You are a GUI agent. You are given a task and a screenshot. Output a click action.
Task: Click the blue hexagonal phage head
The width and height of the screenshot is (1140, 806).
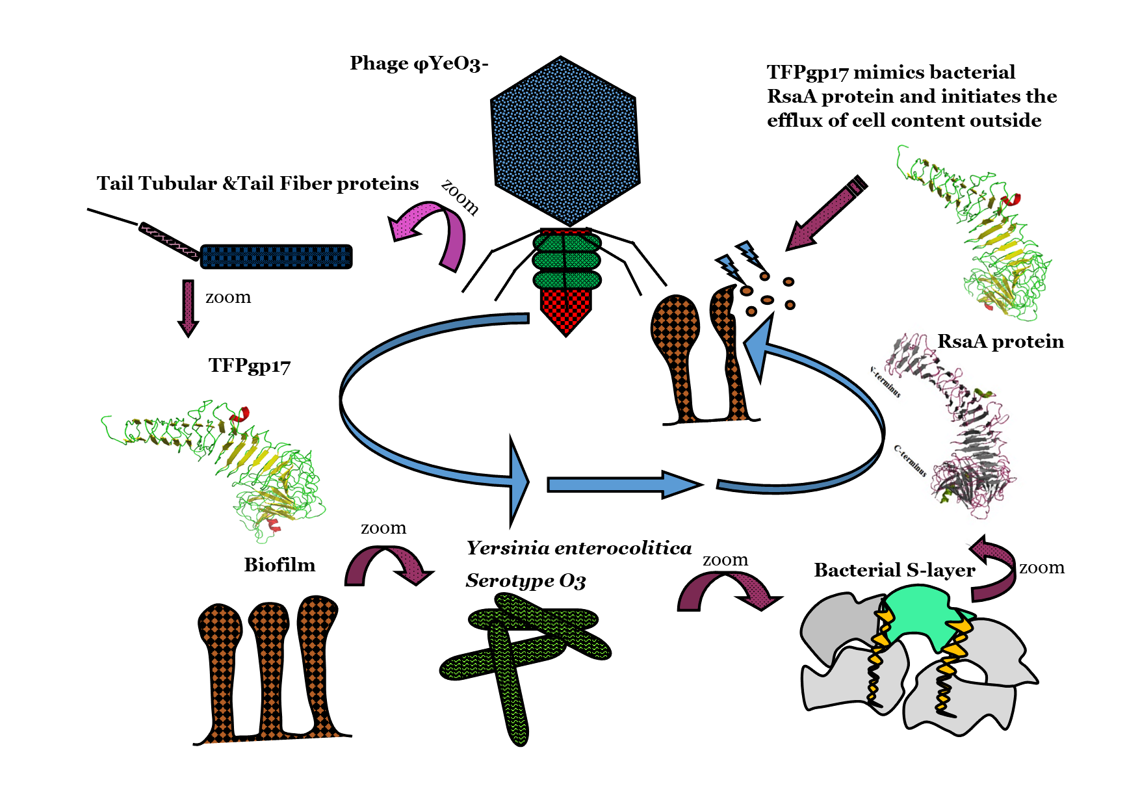[x=564, y=142]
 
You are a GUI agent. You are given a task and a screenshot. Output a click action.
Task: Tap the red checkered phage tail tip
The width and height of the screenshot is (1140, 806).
[x=566, y=310]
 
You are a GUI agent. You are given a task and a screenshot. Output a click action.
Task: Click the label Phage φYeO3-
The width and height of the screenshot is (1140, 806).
[x=419, y=64]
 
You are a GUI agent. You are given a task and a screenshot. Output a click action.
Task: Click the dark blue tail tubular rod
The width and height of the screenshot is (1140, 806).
[x=276, y=257]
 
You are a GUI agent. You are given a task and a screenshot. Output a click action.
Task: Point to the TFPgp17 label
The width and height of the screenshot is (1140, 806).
[x=250, y=366]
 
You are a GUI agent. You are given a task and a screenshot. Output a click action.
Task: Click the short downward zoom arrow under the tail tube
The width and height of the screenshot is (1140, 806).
[x=188, y=307]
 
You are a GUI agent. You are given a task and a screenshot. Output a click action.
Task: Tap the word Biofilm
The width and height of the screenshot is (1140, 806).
[x=279, y=565]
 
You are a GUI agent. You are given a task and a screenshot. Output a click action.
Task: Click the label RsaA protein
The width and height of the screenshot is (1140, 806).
[x=1000, y=342]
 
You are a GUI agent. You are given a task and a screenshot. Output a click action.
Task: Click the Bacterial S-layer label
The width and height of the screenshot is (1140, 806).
[x=894, y=571]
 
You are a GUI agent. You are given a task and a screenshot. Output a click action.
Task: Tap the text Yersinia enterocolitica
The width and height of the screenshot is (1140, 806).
[x=578, y=549]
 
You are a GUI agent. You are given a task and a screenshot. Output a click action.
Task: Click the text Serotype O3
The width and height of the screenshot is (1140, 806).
[x=525, y=580]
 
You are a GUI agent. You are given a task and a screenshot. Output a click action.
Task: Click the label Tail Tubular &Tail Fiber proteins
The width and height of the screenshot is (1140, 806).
[x=257, y=184]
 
